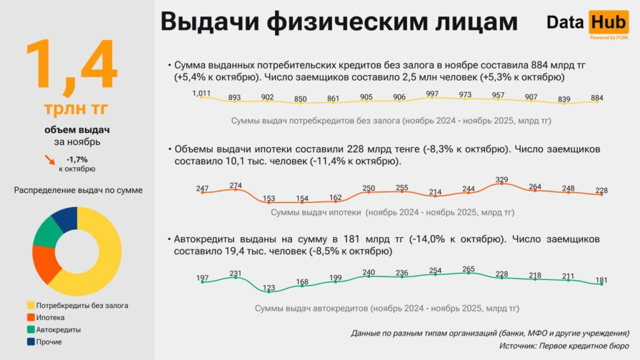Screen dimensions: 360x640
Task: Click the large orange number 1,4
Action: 71,64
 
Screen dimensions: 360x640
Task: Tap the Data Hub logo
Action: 586,24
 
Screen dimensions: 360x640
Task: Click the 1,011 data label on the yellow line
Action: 201,94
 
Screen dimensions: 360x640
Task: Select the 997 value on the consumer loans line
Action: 432,94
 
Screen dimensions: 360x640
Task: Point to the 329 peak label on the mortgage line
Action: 501,180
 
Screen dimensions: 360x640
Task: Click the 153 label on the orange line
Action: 269,199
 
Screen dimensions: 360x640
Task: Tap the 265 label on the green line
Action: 469,269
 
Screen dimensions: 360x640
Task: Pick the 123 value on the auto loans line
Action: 269,288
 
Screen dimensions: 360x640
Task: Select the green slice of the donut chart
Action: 46,232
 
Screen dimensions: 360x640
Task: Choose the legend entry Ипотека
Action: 50,317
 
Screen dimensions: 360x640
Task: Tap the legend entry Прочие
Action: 49,342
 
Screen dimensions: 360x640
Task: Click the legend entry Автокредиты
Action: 58,329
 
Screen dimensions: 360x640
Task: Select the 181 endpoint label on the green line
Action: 602,280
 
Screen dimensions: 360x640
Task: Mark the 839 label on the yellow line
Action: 564,99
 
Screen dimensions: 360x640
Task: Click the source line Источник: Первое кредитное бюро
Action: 564,346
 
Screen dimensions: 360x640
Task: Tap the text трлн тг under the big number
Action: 76,108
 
